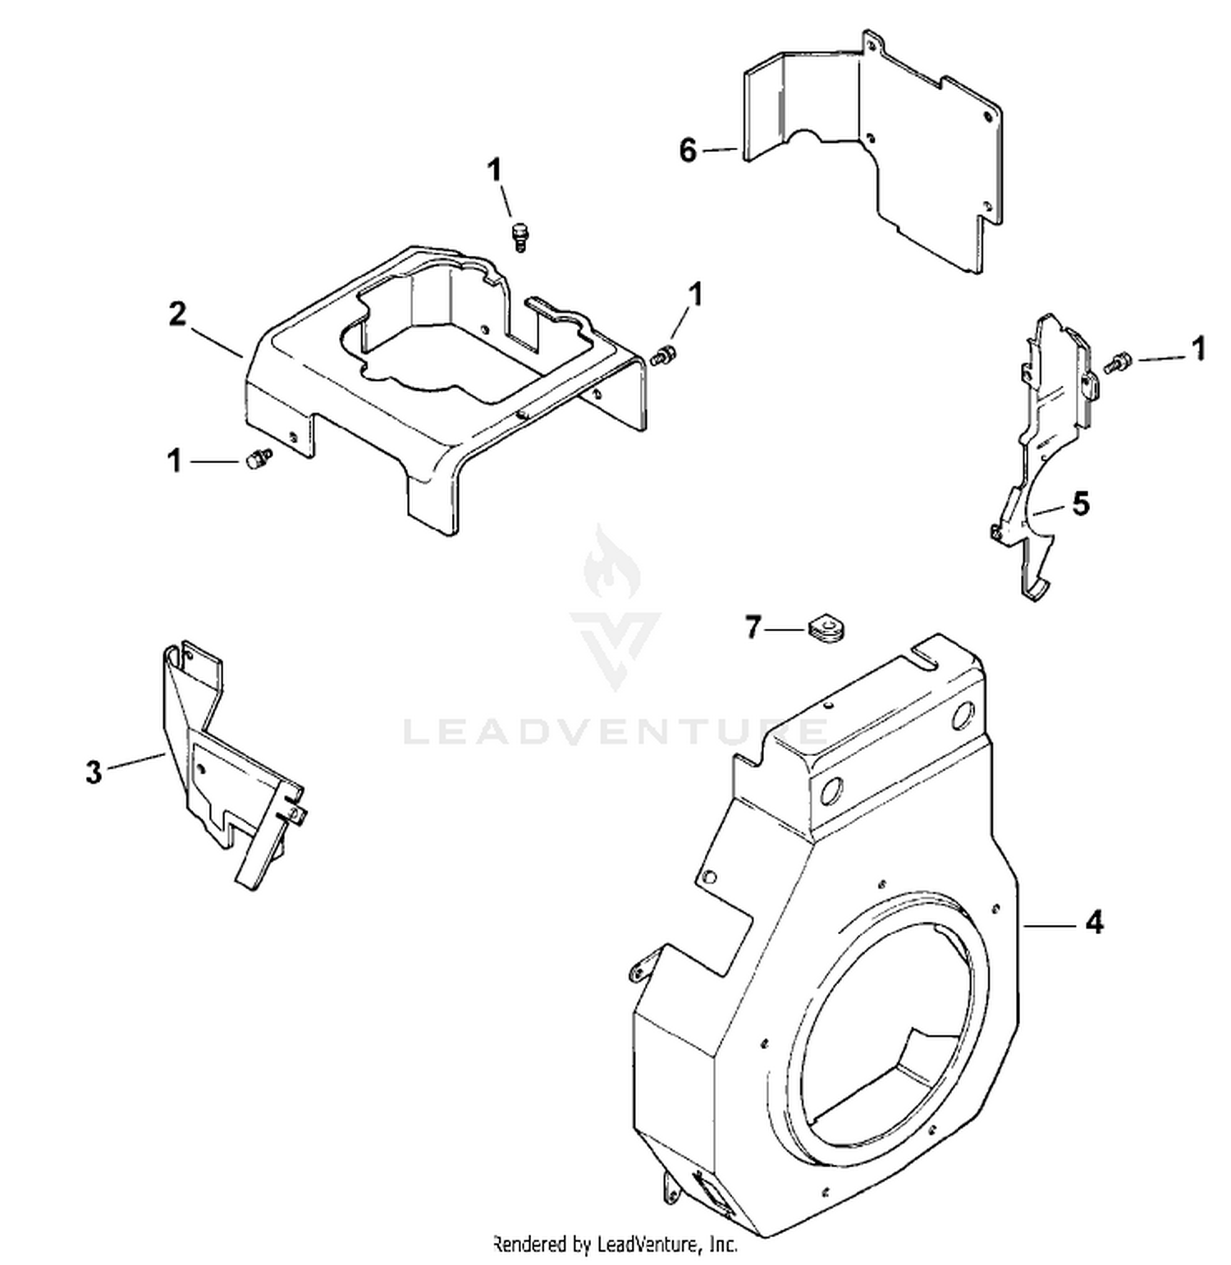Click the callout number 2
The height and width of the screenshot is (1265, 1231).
point(177,314)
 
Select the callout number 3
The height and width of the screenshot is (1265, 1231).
point(94,772)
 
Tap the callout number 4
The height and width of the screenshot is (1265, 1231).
point(1094,923)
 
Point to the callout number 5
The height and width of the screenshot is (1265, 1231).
point(1082,503)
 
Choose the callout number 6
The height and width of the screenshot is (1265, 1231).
point(688,150)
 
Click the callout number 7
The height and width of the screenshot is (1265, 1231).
point(754,628)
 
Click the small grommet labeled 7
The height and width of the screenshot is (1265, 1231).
point(826,628)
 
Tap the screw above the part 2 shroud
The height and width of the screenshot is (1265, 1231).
point(519,235)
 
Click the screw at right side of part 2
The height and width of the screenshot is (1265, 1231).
point(663,356)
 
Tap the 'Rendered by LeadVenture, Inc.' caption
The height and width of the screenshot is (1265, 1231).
point(615,1244)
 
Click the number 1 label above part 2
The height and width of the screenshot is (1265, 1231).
point(494,172)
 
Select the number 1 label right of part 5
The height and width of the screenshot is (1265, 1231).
point(1198,348)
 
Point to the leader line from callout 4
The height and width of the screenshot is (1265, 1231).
point(1050,925)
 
